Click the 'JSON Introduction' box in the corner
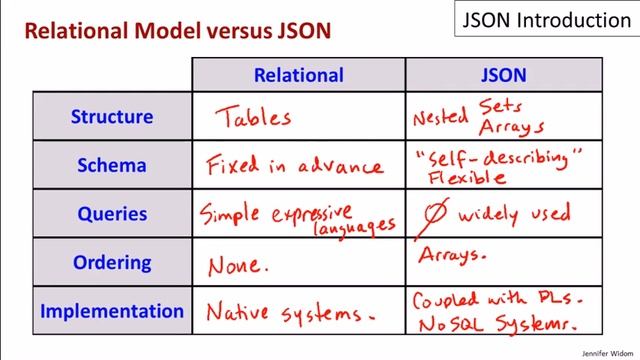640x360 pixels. coord(545,20)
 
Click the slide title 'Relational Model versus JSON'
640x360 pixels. coord(178,31)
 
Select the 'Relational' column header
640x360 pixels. coord(298,75)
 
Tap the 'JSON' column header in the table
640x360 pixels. coord(503,75)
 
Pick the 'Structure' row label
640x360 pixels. coord(111,116)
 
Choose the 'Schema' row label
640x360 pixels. coord(111,165)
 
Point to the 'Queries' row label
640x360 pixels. coord(111,214)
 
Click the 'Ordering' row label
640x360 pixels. coord(111,263)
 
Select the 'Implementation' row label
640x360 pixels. coord(111,311)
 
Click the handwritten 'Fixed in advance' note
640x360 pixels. coord(294,166)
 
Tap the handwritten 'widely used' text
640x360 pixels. coord(514,213)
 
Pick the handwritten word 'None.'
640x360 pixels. coord(238,265)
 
